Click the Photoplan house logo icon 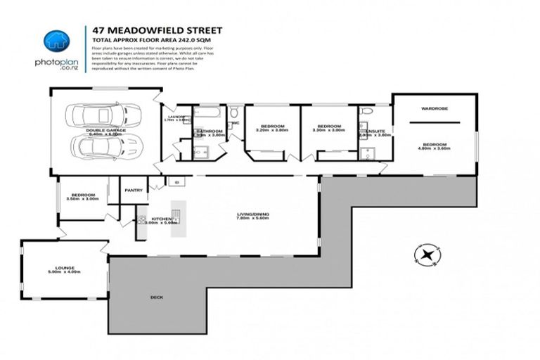tap(57, 41)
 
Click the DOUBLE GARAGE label tap(105, 129)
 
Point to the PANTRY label tap(133, 189)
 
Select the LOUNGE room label tap(65, 267)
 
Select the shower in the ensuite tap(366, 153)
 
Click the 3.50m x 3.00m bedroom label tap(83, 196)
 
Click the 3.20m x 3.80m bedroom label tap(272, 128)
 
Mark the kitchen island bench tap(176, 219)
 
